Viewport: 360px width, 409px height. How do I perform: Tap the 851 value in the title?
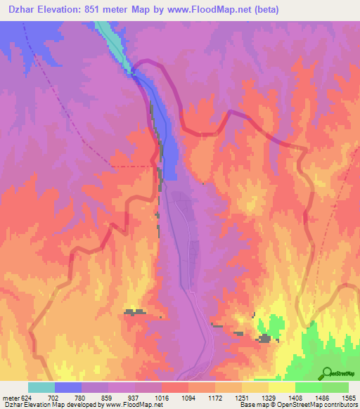96,10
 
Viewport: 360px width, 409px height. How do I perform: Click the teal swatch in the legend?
41,387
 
